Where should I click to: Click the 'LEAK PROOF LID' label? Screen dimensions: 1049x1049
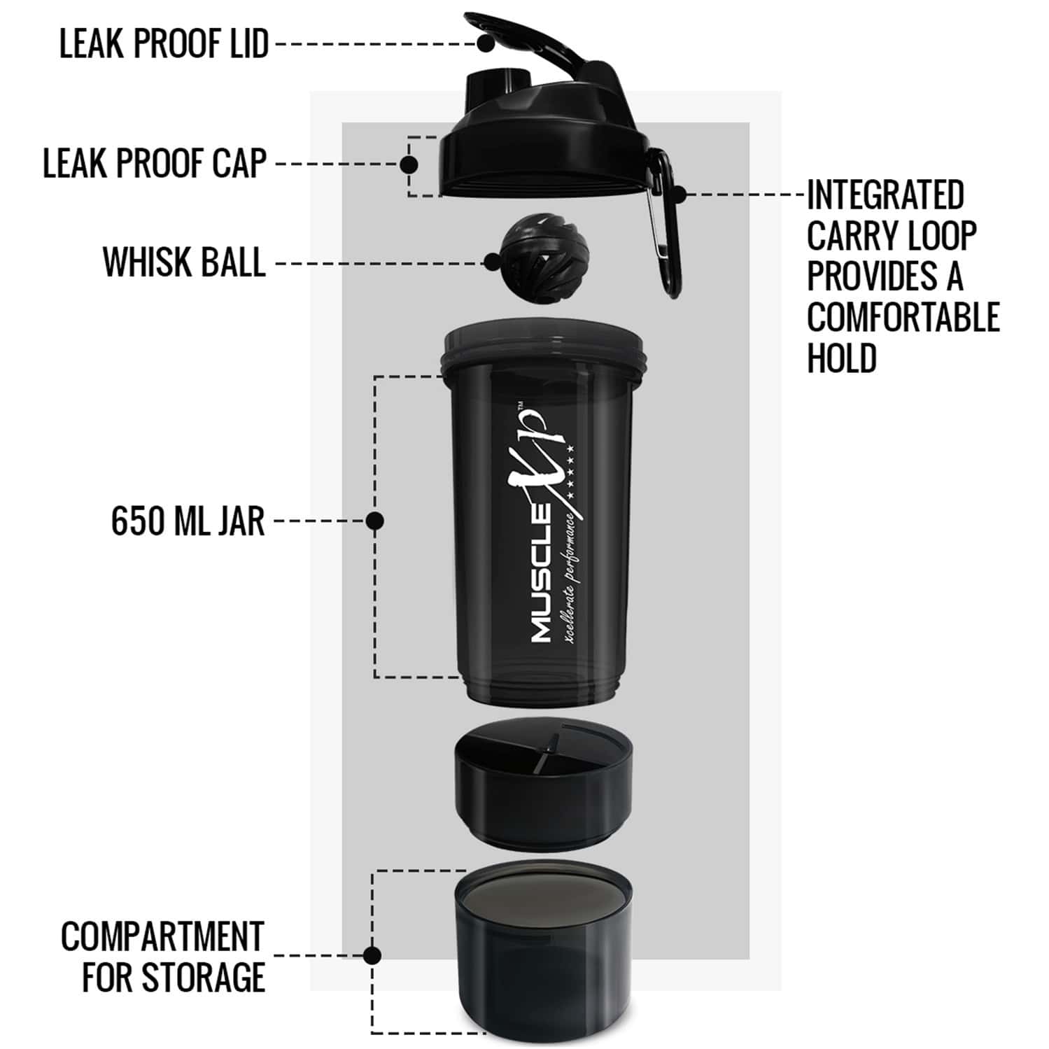[x=164, y=44]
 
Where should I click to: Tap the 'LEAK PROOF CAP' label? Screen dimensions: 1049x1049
[x=155, y=164]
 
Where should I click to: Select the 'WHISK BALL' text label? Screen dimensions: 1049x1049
[x=184, y=262]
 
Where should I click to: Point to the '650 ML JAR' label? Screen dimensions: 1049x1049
[x=188, y=521]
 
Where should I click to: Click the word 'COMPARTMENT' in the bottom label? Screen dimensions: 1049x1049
[x=162, y=936]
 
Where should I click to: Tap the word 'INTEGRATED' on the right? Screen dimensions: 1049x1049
[x=885, y=195]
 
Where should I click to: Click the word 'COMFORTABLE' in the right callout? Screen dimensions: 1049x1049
[x=903, y=317]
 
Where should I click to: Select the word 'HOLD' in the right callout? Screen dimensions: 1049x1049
[x=842, y=358]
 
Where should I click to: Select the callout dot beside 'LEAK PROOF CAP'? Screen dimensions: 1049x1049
[x=409, y=164]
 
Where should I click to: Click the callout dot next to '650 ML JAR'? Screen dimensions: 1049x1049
[x=375, y=521]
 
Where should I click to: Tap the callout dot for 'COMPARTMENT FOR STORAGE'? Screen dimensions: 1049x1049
[x=372, y=955]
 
